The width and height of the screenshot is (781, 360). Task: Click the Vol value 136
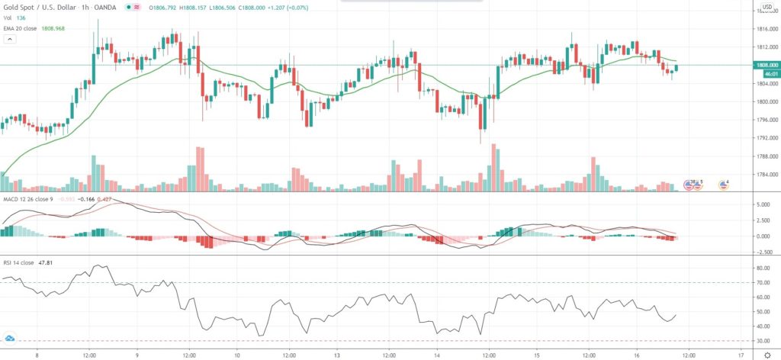click(x=21, y=18)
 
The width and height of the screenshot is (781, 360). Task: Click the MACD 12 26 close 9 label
click(x=27, y=198)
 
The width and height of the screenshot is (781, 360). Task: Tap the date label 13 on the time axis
click(x=336, y=354)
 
